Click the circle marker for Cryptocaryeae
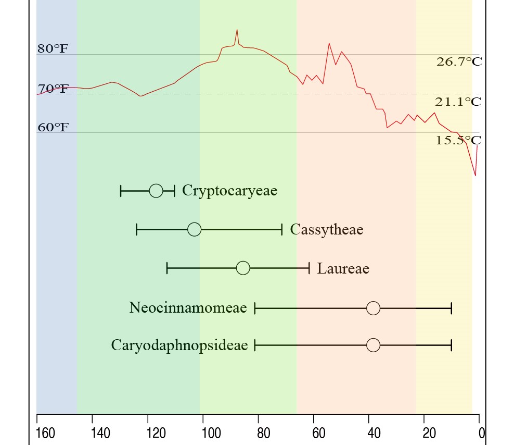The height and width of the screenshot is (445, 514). (156, 191)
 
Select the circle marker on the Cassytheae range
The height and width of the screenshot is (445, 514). (194, 229)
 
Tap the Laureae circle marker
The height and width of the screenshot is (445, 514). (243, 268)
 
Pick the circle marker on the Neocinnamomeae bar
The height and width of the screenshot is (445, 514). (373, 308)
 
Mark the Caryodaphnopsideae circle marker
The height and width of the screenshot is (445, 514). (373, 345)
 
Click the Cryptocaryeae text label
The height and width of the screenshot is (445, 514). (229, 191)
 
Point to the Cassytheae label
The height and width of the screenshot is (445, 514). (326, 230)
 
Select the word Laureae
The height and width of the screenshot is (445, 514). (343, 269)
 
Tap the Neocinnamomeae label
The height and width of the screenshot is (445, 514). (188, 308)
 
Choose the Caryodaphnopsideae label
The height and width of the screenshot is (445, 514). (179, 345)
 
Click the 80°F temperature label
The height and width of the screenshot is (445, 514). (53, 50)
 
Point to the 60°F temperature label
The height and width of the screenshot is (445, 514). (53, 128)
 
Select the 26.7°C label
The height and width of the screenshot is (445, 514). (459, 62)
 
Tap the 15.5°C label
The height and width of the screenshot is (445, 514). (458, 140)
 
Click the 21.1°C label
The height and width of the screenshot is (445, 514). (458, 102)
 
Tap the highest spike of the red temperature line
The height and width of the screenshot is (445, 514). (237, 30)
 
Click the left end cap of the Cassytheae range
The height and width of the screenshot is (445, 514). (136, 229)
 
